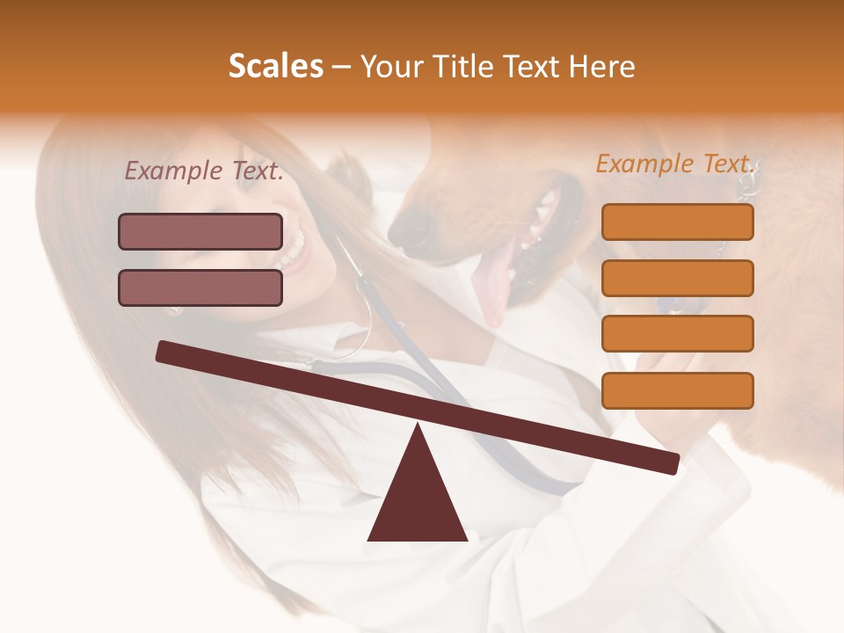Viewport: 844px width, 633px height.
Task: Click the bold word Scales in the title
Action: pos(275,67)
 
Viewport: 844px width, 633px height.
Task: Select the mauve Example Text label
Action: pos(204,171)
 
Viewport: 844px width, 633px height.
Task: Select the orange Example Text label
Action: pos(675,164)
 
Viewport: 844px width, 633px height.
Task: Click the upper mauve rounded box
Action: pos(200,231)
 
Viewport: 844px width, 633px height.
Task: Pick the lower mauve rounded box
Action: pos(200,287)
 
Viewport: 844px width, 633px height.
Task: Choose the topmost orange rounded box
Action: pos(677,222)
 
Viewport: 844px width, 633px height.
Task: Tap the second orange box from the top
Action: pos(677,278)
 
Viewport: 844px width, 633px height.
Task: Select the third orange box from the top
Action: pos(677,334)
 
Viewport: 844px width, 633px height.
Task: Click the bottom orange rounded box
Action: pos(677,390)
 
